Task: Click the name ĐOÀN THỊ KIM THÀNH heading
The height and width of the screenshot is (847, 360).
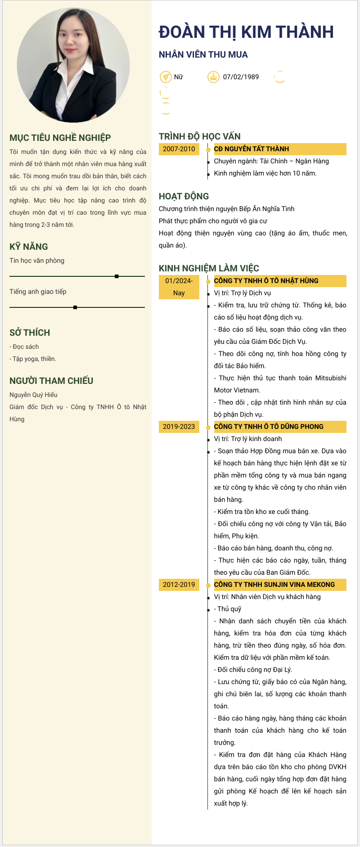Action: coord(246,32)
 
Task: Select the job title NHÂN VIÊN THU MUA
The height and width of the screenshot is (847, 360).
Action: coord(203,54)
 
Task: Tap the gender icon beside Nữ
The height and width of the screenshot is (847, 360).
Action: coord(166,77)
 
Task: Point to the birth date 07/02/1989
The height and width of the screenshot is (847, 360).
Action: coord(241,77)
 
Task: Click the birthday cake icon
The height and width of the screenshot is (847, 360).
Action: coord(213,77)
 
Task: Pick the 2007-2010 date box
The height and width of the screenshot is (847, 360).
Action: coord(179,149)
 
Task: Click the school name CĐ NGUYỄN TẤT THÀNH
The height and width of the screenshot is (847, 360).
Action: coord(251,149)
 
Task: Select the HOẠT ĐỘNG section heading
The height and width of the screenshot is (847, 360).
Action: coord(184,196)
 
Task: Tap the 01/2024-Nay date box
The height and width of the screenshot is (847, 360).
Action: coord(179,287)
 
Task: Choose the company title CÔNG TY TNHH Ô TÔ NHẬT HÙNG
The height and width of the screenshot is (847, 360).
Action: coord(266,281)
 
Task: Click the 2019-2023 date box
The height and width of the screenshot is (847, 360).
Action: coord(179,427)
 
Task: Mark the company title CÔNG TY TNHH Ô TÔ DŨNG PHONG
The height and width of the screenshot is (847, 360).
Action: coord(268,427)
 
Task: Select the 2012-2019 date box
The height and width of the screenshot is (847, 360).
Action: coord(179,585)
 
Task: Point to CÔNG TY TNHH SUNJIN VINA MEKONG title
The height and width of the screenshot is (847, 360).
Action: coord(274,585)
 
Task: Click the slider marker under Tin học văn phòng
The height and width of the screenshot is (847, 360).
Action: coord(117,276)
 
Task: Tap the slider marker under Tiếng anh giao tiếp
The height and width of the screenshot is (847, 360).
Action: coord(75,307)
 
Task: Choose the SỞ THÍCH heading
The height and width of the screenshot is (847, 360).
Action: coord(30,333)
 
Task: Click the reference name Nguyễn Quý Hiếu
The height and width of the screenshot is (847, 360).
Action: coord(33,395)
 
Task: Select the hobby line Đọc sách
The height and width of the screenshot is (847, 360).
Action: coord(25,347)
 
